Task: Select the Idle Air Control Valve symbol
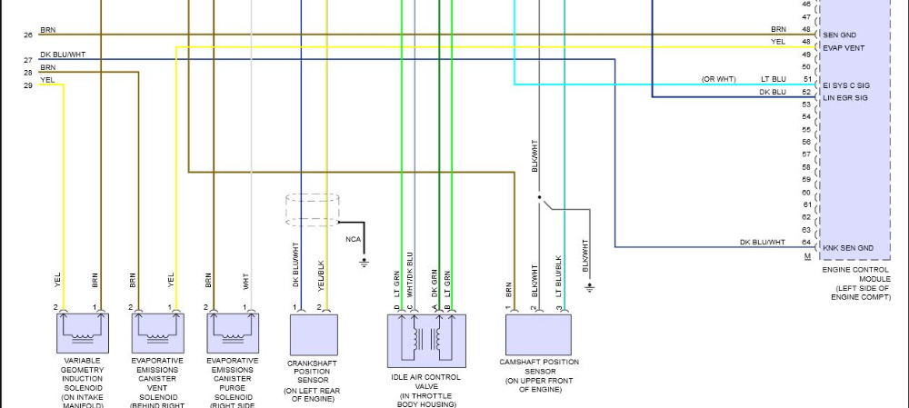click(426, 340)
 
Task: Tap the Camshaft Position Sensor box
click(538, 333)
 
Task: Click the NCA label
click(353, 239)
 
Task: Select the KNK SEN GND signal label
click(847, 248)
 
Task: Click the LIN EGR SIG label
click(845, 97)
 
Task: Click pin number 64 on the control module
click(806, 242)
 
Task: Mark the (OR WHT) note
click(717, 79)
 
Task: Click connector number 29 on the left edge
click(28, 85)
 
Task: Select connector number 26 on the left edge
click(28, 35)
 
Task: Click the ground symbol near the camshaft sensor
click(590, 287)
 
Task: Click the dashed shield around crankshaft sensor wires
click(313, 209)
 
